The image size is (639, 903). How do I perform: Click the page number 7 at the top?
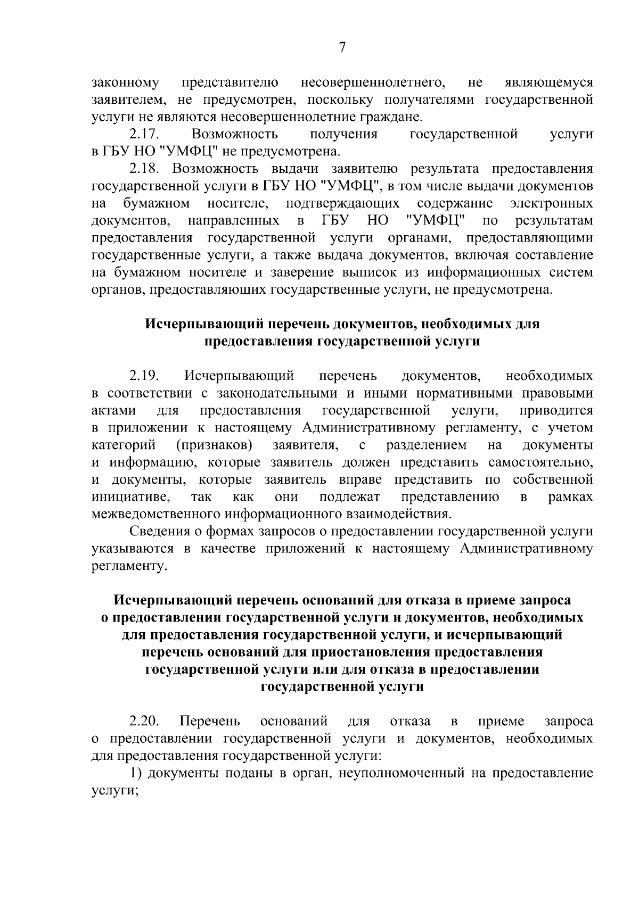pyautogui.click(x=342, y=48)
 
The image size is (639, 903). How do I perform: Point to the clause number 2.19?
pyautogui.click(x=144, y=376)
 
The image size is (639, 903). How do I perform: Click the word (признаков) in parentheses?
pyautogui.click(x=214, y=445)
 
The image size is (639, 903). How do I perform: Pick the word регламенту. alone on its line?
pyautogui.click(x=129, y=566)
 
